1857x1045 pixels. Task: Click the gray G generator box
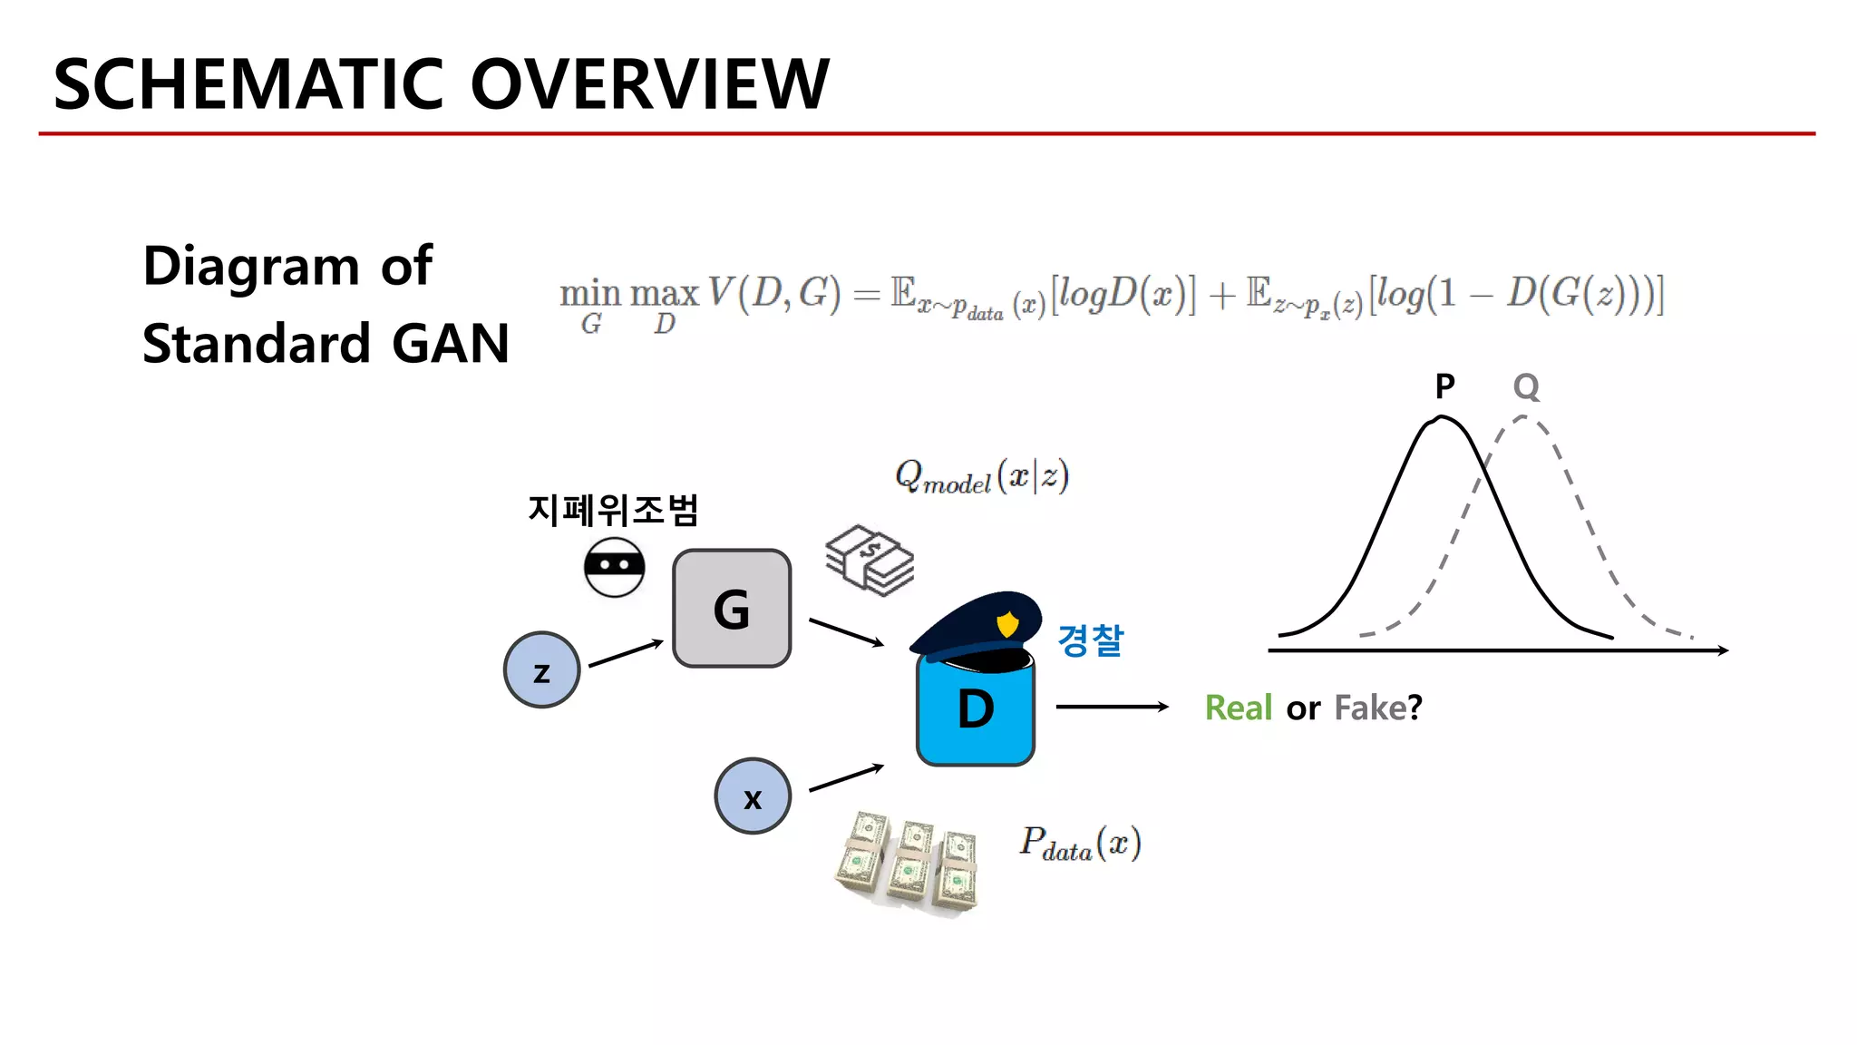tap(732, 609)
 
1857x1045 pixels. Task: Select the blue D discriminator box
tap(976, 712)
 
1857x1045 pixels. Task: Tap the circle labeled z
tap(541, 670)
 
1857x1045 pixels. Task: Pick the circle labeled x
tap(753, 796)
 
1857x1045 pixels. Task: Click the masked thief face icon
tap(614, 567)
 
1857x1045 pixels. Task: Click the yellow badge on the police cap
tap(1007, 624)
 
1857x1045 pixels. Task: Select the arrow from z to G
tap(626, 653)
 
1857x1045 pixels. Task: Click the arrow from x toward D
tap(846, 777)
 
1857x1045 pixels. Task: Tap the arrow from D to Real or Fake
tap(1112, 707)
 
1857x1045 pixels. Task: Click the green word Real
tap(1238, 708)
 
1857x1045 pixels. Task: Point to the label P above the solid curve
tap(1444, 386)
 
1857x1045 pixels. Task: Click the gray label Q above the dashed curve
tap(1526, 387)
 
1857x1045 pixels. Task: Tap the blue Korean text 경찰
tap(1090, 640)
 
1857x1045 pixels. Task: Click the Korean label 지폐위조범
tap(613, 510)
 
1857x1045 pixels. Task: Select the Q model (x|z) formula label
tap(982, 476)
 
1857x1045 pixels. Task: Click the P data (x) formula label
tap(1080, 844)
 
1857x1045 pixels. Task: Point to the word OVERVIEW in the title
tap(649, 84)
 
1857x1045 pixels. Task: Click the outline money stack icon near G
tap(870, 560)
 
